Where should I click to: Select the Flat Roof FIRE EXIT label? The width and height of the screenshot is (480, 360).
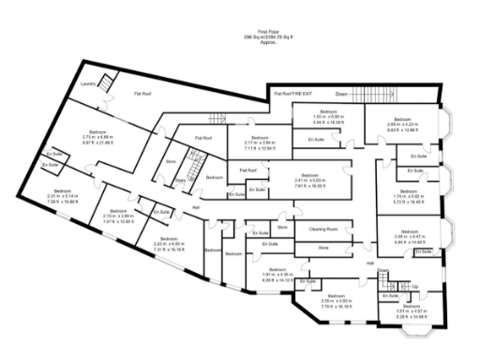(x=292, y=94)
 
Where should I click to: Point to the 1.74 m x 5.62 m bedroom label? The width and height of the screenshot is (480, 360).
(x=408, y=199)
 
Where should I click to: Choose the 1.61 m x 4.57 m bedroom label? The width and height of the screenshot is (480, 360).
(x=404, y=314)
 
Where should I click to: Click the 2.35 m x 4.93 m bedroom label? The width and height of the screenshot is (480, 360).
(x=337, y=303)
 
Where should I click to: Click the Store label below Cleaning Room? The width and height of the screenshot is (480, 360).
(x=324, y=247)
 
